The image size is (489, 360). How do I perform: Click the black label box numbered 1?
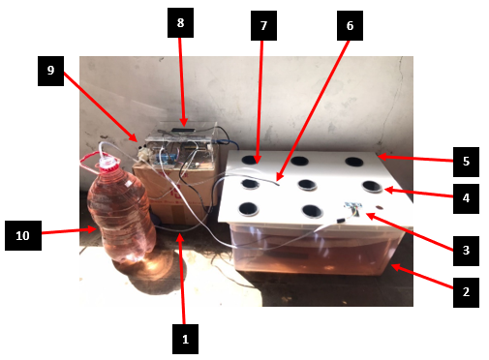tap(185, 339)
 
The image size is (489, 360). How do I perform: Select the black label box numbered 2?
tap(466, 292)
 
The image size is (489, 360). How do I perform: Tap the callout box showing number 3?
tap(466, 251)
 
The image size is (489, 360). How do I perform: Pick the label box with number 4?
tap(466, 198)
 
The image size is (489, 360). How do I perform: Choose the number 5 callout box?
tap(466, 162)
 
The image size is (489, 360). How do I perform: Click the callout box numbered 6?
tap(350, 25)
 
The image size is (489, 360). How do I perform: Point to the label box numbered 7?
tap(263, 25)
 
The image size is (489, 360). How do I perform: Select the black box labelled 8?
tap(180, 23)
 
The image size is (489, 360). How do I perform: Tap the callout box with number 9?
tap(50, 71)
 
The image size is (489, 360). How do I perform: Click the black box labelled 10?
tap(23, 235)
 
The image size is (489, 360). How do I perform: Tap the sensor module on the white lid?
tap(353, 208)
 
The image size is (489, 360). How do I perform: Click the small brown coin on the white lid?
tap(380, 208)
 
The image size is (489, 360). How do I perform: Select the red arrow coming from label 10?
tap(69, 231)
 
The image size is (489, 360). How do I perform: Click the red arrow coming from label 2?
tap(422, 277)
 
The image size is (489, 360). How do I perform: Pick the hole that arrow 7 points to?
tap(251, 160)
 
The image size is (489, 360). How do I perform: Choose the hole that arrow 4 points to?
tap(372, 187)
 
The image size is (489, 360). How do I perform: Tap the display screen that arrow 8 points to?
tap(183, 131)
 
